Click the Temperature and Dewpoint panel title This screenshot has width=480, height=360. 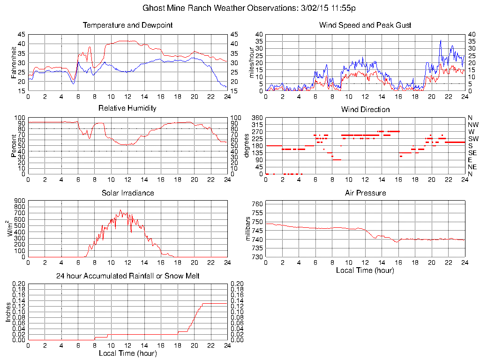(x=127, y=25)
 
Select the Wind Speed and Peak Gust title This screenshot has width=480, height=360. (x=365, y=25)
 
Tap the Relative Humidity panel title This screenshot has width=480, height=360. (x=127, y=108)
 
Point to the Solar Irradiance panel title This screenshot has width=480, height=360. (x=127, y=193)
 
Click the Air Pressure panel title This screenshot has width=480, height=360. (x=365, y=193)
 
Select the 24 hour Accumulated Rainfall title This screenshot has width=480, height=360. (x=127, y=276)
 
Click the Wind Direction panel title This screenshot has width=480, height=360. (x=365, y=110)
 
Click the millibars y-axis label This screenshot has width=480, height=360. (x=248, y=229)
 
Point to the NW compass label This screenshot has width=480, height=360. (x=472, y=125)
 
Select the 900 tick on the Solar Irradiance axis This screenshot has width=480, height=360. (x=20, y=201)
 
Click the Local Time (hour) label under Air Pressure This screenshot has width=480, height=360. (x=365, y=270)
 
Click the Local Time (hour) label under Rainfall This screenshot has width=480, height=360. (x=127, y=353)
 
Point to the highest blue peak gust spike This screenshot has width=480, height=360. (x=441, y=41)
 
